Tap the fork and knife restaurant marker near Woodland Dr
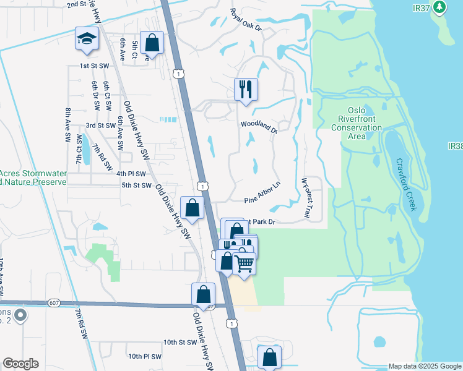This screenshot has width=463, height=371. click(x=246, y=90)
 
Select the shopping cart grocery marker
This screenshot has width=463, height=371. click(x=244, y=263)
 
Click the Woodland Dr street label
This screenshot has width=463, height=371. click(x=259, y=126)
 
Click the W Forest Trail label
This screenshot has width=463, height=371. click(x=305, y=198)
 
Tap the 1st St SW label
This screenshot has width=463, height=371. click(x=94, y=66)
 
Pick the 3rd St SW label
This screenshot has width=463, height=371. click(x=100, y=125)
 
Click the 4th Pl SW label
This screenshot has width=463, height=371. click(x=131, y=173)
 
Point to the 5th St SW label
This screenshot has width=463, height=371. click(x=136, y=185)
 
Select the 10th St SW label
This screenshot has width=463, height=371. click(x=180, y=342)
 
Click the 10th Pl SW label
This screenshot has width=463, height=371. click(x=145, y=356)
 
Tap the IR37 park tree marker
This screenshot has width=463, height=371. click(x=440, y=7)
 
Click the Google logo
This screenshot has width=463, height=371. click(x=20, y=364)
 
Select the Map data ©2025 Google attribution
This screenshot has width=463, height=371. click(x=424, y=366)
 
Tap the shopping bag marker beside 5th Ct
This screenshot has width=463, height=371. click(x=152, y=43)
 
